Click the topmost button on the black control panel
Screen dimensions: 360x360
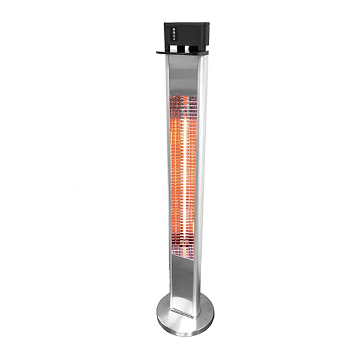(x=173, y=29)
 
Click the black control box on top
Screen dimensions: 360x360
(x=188, y=34)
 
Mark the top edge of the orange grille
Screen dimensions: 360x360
(x=183, y=96)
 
